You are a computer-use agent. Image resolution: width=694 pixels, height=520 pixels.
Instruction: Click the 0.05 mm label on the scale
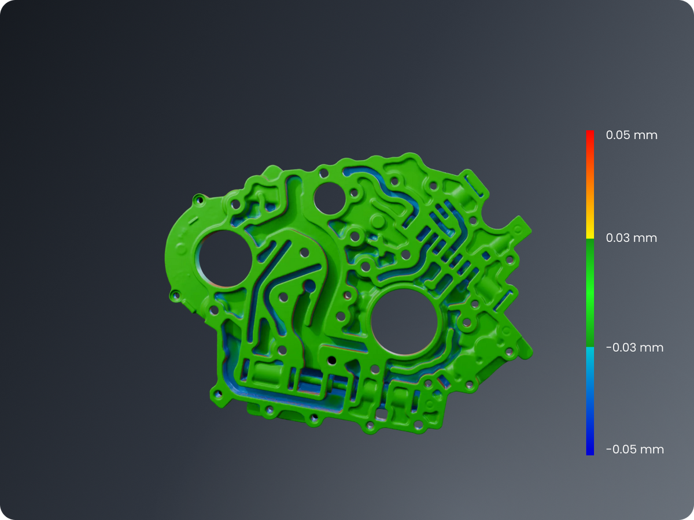[x=632, y=135]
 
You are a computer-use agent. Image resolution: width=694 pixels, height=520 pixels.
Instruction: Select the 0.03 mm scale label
[x=632, y=237]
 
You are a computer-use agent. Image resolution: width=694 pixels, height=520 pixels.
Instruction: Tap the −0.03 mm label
[x=634, y=348]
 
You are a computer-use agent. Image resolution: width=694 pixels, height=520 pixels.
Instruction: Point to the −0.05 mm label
[x=635, y=450]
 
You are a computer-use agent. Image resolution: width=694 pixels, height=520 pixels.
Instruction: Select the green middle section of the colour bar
[x=590, y=293]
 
